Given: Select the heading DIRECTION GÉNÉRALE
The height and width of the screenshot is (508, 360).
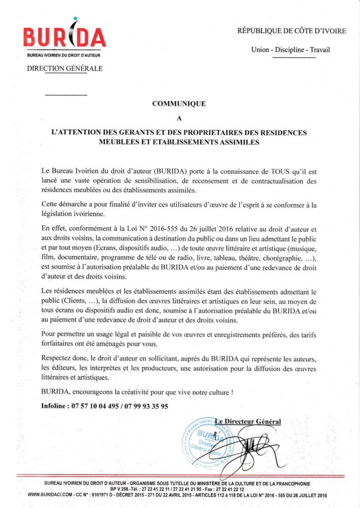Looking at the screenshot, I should point(65,68).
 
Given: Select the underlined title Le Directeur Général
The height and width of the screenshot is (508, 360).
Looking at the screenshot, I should point(248,422).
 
